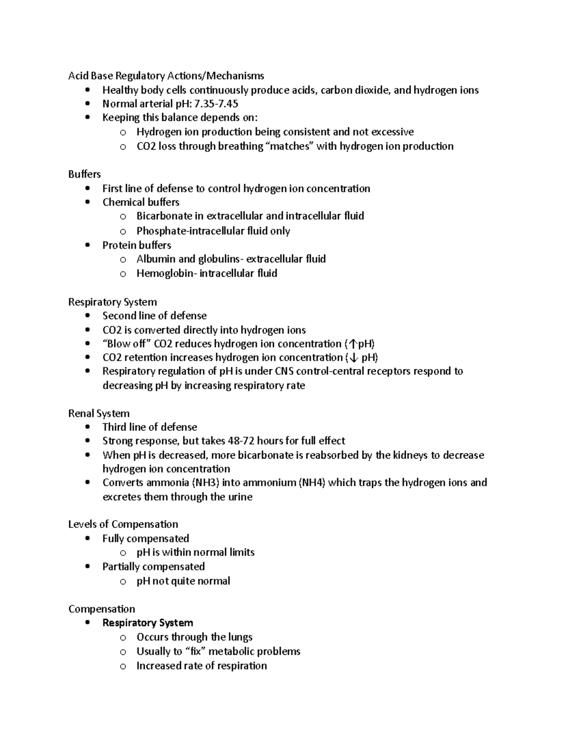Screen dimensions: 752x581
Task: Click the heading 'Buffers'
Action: pyautogui.click(x=84, y=174)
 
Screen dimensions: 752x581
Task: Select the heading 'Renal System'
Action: pyautogui.click(x=99, y=414)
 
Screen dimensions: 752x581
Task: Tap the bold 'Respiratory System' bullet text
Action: pyautogui.click(x=148, y=623)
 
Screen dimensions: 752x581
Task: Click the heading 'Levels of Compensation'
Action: pyautogui.click(x=123, y=524)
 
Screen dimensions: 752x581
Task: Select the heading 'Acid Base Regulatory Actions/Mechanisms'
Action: pyautogui.click(x=166, y=76)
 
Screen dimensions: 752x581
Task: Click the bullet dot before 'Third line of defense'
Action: pyautogui.click(x=87, y=427)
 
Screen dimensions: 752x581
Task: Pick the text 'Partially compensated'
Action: pyautogui.click(x=153, y=567)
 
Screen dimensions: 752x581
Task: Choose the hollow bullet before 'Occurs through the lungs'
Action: pyautogui.click(x=123, y=638)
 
